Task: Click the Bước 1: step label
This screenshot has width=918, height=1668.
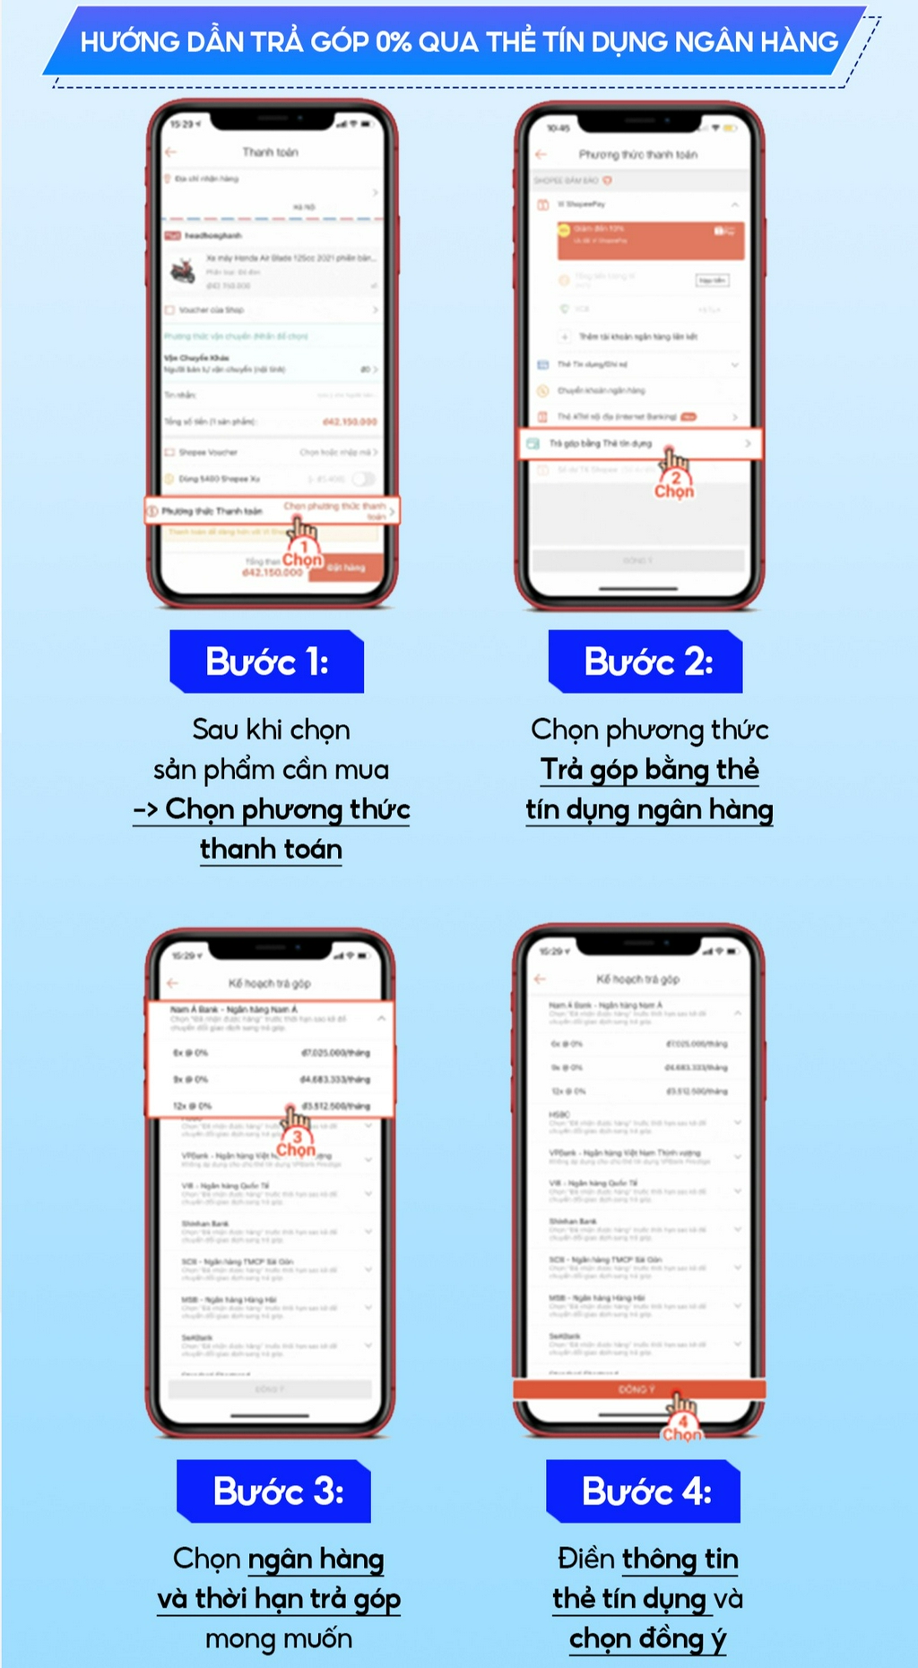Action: (x=267, y=661)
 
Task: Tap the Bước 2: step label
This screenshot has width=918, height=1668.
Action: (x=646, y=661)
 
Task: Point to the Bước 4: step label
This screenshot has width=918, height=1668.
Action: (x=645, y=1491)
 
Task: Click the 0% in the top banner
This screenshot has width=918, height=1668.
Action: (x=394, y=41)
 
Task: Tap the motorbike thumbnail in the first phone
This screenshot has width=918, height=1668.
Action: (x=183, y=270)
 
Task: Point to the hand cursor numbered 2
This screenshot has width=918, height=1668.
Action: (x=674, y=461)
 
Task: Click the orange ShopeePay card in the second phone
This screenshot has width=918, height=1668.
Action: (x=650, y=239)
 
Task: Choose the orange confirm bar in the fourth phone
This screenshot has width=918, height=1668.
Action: (x=638, y=1389)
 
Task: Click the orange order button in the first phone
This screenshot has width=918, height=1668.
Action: (x=345, y=567)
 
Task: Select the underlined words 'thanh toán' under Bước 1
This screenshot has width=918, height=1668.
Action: (x=271, y=849)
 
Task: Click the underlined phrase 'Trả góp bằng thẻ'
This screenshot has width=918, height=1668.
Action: (x=650, y=769)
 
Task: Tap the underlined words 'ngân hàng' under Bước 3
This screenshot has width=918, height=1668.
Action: (x=316, y=1559)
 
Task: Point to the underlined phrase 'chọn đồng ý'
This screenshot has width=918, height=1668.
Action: (x=647, y=1638)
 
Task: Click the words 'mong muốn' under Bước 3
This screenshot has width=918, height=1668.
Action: (x=279, y=1638)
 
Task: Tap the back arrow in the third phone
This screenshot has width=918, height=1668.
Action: (x=173, y=982)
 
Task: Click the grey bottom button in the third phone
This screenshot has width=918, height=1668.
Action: (x=270, y=1389)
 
